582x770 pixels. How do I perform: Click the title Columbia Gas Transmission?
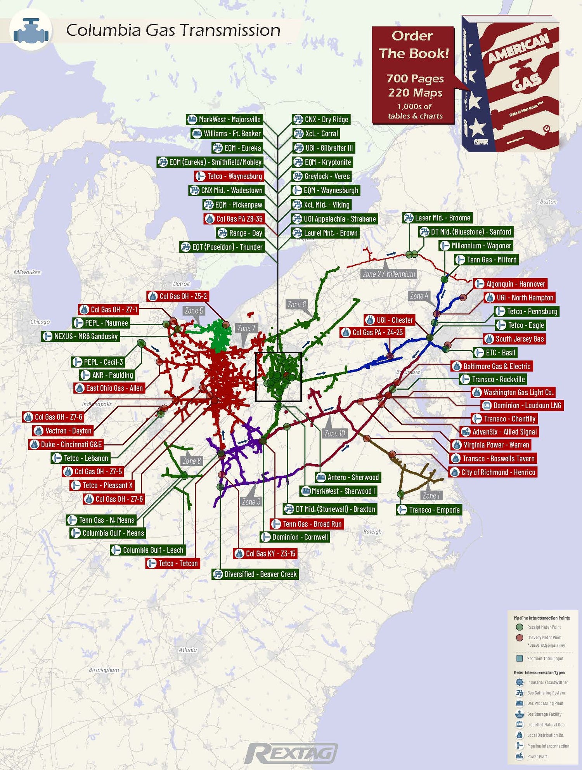[x=173, y=30]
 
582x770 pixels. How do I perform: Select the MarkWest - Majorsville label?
[x=225, y=120]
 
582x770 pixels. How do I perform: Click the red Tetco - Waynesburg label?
[x=229, y=176]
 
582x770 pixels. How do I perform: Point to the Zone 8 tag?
[x=297, y=305]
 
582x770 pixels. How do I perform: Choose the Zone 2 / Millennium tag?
[x=389, y=274]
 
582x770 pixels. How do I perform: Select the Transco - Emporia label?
[x=430, y=510]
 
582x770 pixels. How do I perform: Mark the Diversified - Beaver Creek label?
[x=256, y=574]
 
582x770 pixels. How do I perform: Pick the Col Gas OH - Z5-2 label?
[x=178, y=297]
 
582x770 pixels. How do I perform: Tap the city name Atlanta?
[x=188, y=650]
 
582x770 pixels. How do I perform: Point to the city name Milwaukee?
[x=27, y=272]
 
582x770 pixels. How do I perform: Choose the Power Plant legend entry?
[x=537, y=756]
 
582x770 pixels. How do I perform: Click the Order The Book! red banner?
[x=414, y=75]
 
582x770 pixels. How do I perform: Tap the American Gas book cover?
[x=510, y=83]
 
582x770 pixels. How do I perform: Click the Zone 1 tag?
[x=431, y=496]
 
